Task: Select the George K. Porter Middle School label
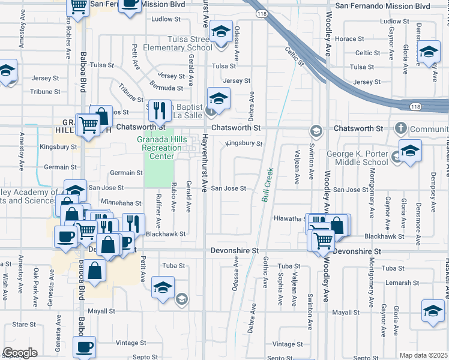click(x=358, y=158)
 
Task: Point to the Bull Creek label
click(x=266, y=184)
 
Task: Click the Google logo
click(x=20, y=352)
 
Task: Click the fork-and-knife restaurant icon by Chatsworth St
click(x=159, y=110)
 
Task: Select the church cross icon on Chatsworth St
click(x=401, y=128)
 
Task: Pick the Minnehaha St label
click(x=121, y=204)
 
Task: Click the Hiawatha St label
click(x=290, y=219)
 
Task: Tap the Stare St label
click(x=24, y=324)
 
